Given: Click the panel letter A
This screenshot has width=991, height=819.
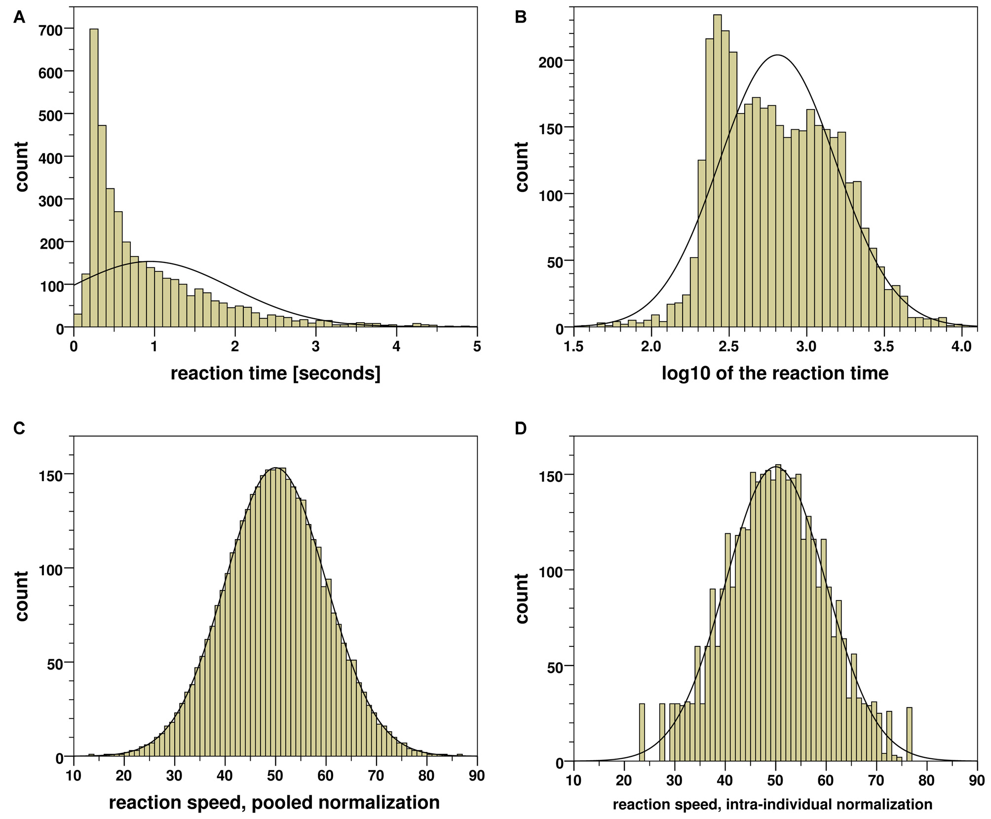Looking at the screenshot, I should click(x=19, y=17).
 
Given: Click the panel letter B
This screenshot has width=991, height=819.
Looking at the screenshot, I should click(x=520, y=17).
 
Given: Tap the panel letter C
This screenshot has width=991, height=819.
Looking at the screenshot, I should click(x=19, y=428).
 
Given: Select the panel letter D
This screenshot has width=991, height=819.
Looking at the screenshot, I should click(x=521, y=428).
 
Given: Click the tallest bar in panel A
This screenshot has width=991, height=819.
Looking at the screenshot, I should click(x=94, y=178).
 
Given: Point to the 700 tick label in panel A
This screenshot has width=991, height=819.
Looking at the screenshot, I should click(x=51, y=30).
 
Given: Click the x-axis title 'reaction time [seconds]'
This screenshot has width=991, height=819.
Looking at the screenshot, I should click(x=275, y=373).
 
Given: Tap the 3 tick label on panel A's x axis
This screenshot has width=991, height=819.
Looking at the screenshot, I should click(x=315, y=346).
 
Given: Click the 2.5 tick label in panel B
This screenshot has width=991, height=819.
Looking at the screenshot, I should click(x=728, y=346).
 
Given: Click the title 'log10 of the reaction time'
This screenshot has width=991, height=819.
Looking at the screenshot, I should click(x=775, y=373).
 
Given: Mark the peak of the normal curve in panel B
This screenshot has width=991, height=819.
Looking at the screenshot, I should click(x=777, y=55).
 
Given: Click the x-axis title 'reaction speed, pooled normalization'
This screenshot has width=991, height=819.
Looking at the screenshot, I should click(x=274, y=802).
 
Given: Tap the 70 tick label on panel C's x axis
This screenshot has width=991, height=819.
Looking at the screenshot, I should click(x=376, y=776).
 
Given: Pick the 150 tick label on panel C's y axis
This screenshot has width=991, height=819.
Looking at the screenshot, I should click(x=51, y=475).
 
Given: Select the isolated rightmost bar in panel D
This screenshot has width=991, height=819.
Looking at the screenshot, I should click(x=909, y=734).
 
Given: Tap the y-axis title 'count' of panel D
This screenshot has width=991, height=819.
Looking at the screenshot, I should click(x=522, y=598).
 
